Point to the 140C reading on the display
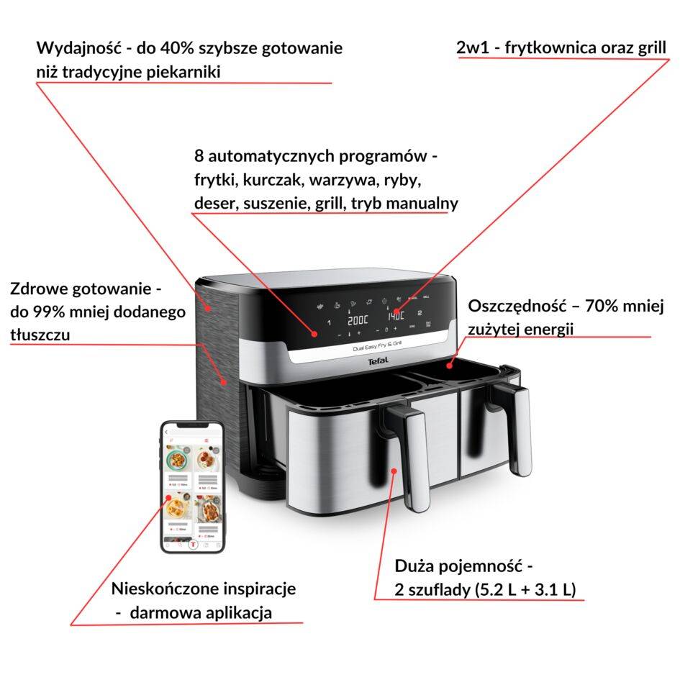[x=396, y=315]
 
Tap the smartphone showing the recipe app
[x=192, y=486]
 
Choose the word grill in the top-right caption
[x=649, y=47]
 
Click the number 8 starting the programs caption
[x=199, y=155]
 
